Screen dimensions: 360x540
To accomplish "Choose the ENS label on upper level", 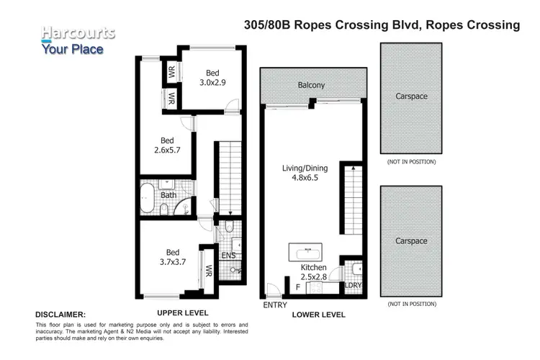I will click(x=228, y=255).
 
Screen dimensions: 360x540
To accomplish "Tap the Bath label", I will click(x=168, y=195).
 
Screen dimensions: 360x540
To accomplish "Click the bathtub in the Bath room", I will click(x=148, y=198).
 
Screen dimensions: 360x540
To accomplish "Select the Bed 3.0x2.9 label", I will click(x=212, y=78).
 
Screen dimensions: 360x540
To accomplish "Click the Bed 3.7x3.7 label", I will click(x=173, y=257).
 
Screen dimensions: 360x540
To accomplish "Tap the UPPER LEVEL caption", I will click(x=183, y=313).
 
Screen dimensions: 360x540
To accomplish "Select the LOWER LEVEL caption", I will click(x=319, y=315).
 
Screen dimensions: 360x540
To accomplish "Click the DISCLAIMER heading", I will click(x=60, y=315).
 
